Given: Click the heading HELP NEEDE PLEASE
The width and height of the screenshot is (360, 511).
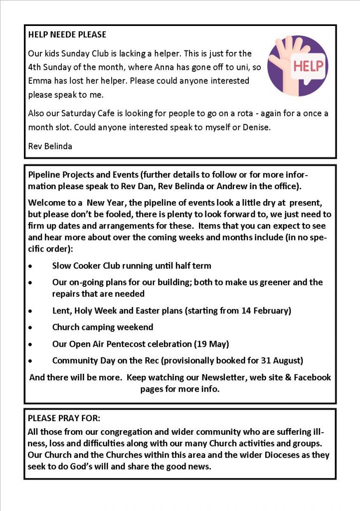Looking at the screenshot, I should tap(67, 35).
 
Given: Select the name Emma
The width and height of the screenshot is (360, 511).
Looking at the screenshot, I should tap(40, 80).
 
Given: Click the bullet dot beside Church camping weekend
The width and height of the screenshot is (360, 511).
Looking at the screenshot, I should tap(31, 328).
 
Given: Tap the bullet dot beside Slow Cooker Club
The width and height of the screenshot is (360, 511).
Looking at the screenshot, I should tap(31, 266).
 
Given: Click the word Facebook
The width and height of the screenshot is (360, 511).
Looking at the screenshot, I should tap(312, 377).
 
